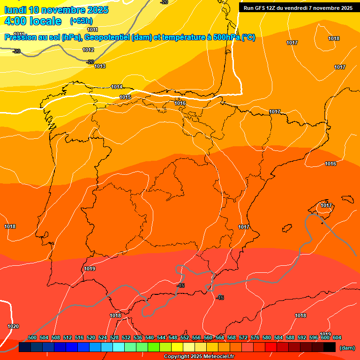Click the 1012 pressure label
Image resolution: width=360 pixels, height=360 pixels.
88,50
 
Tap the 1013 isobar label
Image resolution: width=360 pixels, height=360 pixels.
100,66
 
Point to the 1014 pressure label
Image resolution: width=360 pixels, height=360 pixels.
117,87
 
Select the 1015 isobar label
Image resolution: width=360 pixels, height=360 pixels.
125,97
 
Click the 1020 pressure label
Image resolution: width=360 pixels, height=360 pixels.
13,326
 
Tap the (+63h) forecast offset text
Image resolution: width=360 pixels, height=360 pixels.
81,21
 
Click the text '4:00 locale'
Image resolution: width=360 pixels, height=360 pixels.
32,21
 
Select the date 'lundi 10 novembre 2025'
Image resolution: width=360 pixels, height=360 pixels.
56,10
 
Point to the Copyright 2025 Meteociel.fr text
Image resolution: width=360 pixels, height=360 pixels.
199,357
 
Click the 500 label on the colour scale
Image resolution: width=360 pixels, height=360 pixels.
32,337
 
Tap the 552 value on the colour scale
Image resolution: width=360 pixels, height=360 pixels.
185,337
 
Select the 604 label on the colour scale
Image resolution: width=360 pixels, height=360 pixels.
337,337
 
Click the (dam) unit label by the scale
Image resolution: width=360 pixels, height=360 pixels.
347,347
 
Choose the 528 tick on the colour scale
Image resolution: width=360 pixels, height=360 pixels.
114,337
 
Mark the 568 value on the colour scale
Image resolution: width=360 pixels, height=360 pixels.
232,337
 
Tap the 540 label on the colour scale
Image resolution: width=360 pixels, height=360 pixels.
150,337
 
